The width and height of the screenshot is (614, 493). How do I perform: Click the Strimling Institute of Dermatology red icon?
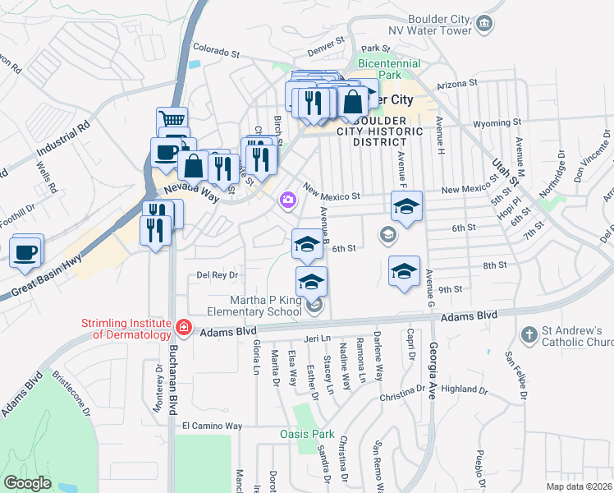click(x=185, y=329)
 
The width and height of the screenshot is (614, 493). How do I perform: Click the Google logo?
click(x=28, y=482)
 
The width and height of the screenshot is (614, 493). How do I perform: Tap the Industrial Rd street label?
click(x=62, y=141)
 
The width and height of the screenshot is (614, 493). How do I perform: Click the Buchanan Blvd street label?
click(x=172, y=378)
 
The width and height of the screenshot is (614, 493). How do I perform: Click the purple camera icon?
click(x=288, y=199)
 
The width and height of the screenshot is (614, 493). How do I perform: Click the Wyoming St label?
click(x=498, y=124)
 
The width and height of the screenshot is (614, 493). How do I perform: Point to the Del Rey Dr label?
click(x=217, y=275)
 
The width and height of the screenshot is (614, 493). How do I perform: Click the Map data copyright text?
click(x=580, y=486)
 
